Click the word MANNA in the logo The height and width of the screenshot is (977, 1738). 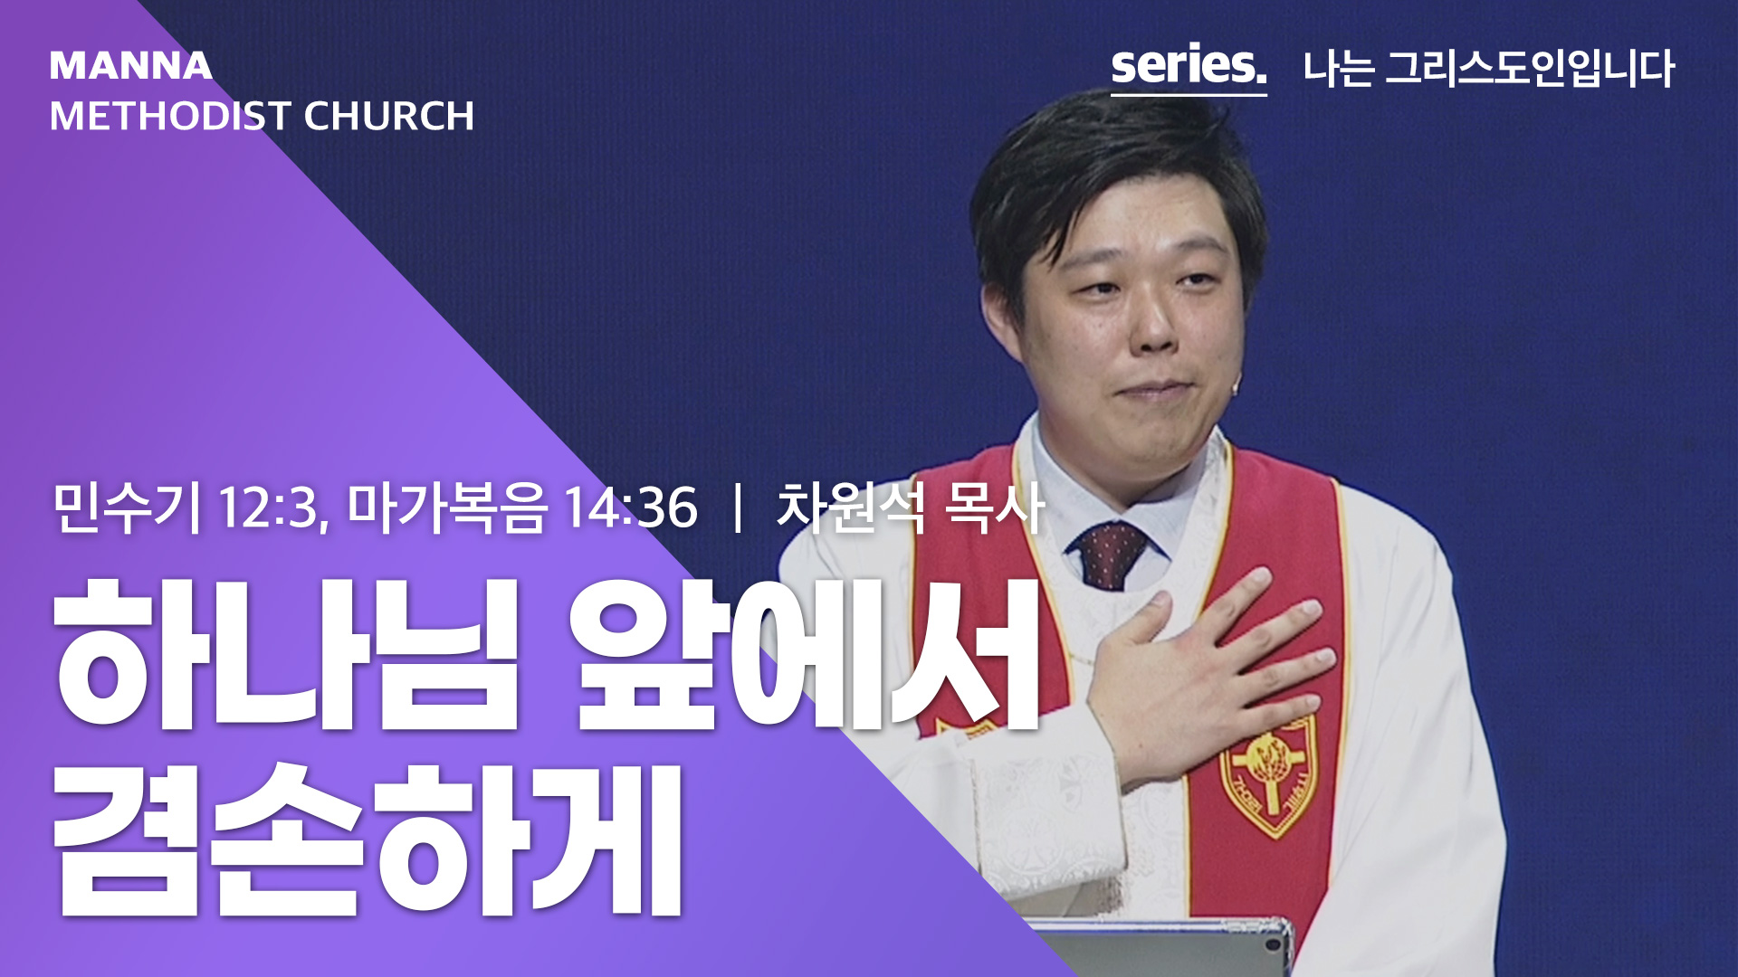pos(131,66)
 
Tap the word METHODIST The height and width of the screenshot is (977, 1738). pos(170,116)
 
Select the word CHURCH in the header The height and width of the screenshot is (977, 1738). pos(389,116)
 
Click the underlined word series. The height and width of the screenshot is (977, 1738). pos(1189,66)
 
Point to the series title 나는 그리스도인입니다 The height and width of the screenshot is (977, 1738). pos(1489,69)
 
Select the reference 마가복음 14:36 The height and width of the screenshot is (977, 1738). pos(523,507)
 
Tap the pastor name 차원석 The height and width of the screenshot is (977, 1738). pos(852,507)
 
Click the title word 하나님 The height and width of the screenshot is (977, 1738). pos(285,653)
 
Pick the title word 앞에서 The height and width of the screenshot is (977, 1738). pos(806,653)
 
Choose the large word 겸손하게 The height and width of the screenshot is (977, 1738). pos(367,839)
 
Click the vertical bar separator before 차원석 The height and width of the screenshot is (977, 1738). pos(739,507)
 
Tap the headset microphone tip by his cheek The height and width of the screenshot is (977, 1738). pos(1236,386)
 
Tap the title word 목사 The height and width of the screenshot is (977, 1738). pos(994,507)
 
